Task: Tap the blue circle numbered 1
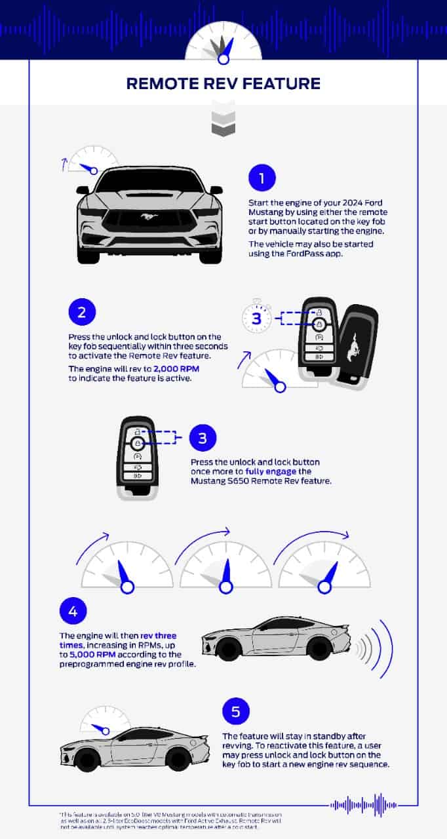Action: [x=262, y=178]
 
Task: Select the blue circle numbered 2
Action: [x=82, y=311]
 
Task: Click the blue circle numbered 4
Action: [x=73, y=612]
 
